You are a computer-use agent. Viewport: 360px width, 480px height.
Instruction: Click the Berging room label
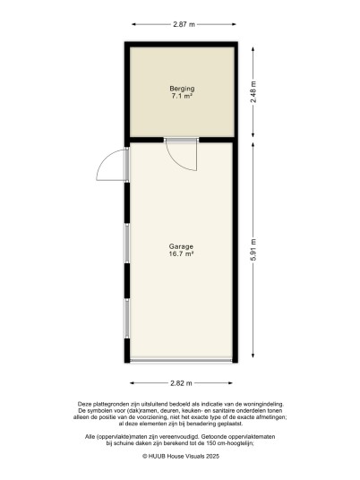[182, 89]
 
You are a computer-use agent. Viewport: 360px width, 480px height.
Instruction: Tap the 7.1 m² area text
[182, 96]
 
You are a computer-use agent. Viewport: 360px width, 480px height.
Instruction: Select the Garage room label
[181, 246]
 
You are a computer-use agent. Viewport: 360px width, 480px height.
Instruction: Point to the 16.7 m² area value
[182, 253]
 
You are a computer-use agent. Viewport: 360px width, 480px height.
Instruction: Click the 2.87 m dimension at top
[184, 24]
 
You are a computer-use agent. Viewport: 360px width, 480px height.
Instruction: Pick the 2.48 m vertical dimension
[253, 92]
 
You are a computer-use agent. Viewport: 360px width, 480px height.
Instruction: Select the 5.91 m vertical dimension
[253, 250]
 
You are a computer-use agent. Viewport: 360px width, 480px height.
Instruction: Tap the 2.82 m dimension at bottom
[181, 383]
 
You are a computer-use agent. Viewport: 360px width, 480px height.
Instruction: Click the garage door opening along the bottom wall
[181, 361]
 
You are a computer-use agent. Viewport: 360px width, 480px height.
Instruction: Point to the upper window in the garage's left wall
[127, 243]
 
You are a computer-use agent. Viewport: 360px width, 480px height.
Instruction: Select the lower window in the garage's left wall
[127, 319]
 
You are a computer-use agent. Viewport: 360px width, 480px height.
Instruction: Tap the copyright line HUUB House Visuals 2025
[181, 456]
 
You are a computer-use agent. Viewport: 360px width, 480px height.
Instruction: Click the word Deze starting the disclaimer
[84, 404]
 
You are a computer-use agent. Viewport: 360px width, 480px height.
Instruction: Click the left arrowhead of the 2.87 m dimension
[133, 24]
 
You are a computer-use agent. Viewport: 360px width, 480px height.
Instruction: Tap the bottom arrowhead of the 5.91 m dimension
[253, 356]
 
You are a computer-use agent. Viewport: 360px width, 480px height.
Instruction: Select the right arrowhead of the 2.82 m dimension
[230, 383]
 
